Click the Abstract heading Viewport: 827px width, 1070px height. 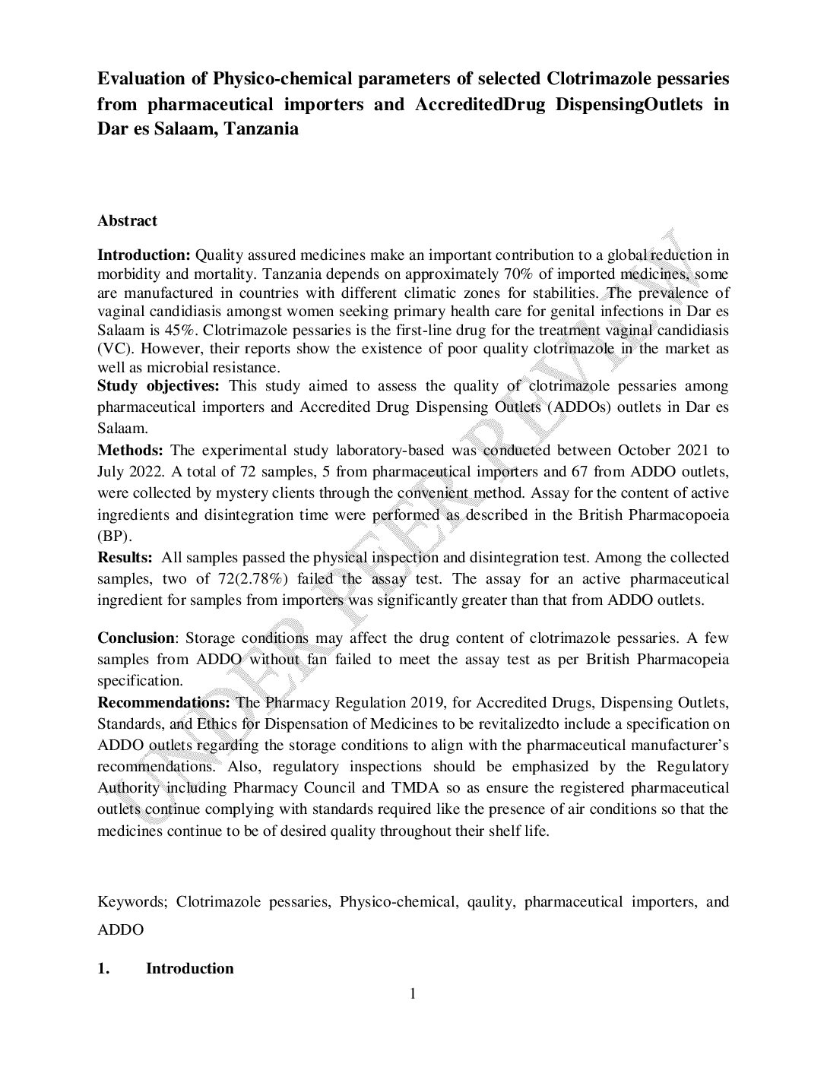pos(127,221)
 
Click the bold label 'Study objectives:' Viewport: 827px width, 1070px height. pos(158,386)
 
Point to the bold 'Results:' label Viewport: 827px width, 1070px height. pos(125,558)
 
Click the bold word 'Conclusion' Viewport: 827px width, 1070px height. pos(136,638)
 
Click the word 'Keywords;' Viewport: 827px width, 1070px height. pos(132,902)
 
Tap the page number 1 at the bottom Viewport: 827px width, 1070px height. pos(413,994)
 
